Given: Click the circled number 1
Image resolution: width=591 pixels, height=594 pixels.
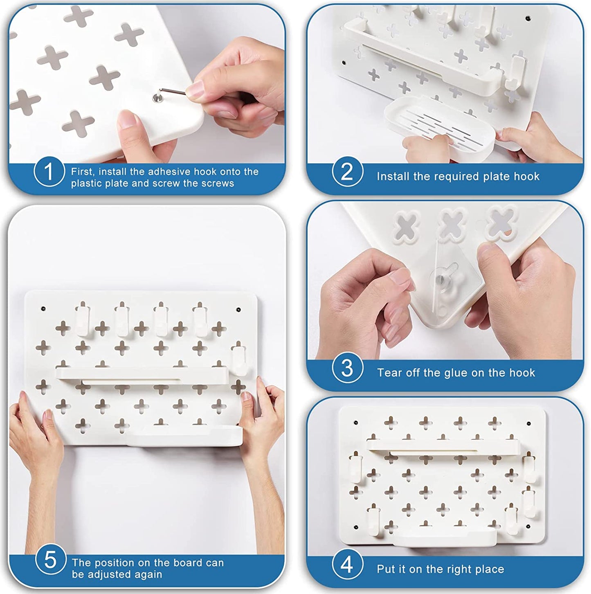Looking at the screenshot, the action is click(49, 171).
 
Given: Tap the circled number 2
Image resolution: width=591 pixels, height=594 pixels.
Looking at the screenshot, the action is click(348, 171).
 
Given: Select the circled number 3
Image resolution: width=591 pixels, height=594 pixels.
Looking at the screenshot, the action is click(348, 368).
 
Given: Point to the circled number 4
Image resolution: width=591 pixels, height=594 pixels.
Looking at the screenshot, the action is click(348, 565).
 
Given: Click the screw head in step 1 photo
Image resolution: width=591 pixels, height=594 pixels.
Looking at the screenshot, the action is click(157, 98).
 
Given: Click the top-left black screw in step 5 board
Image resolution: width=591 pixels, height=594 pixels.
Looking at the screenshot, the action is click(43, 308).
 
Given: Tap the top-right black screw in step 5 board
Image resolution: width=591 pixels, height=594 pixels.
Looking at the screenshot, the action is click(238, 310).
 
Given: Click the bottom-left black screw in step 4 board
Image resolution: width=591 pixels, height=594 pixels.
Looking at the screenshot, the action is click(356, 527).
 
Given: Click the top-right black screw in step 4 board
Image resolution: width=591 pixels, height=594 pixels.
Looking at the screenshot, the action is click(529, 423).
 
